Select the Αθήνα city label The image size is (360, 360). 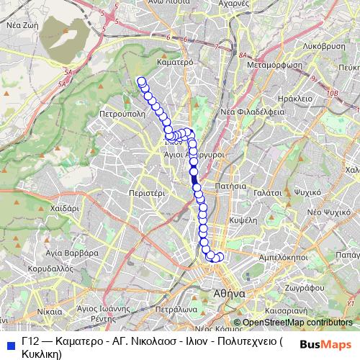tap(230, 294)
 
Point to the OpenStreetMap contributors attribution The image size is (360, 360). tap(297, 322)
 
